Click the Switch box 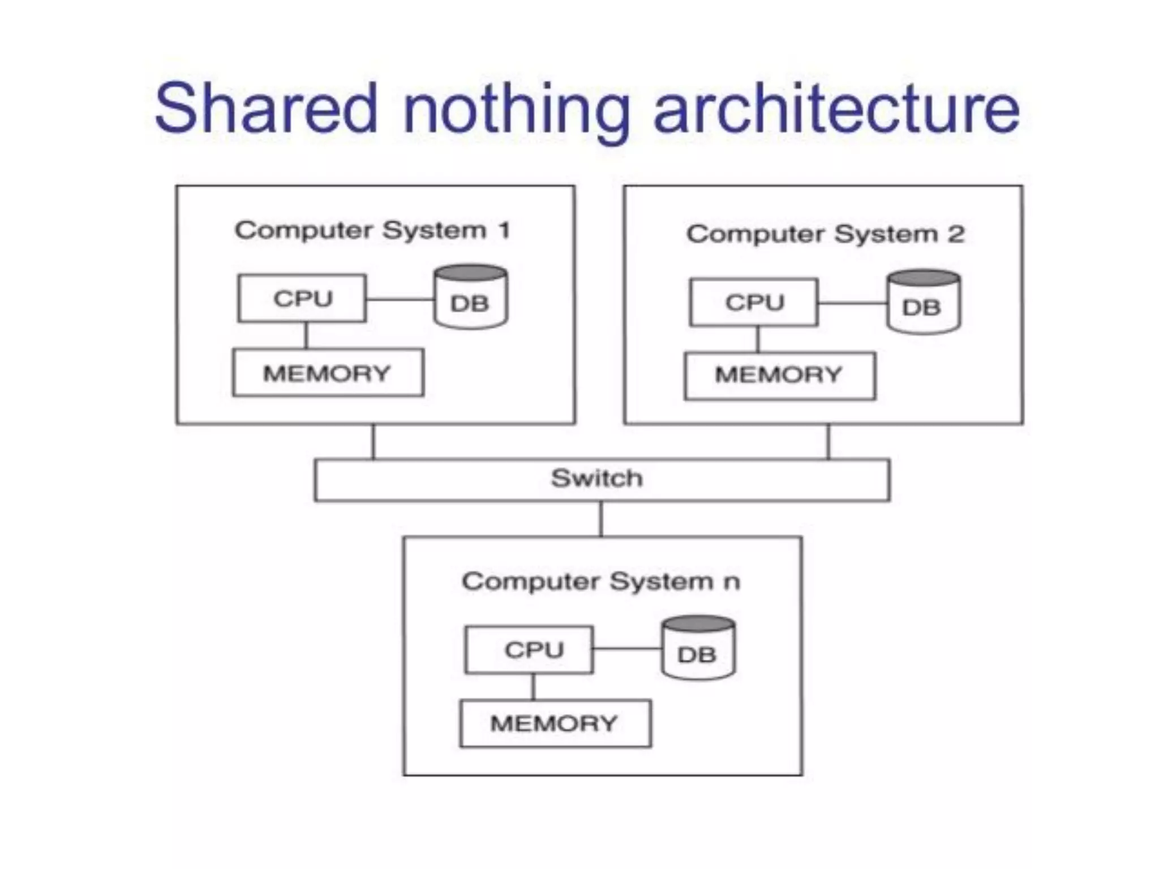[x=602, y=480]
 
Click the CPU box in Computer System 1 [x=302, y=299]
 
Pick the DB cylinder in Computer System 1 [x=470, y=298]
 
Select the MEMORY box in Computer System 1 [x=328, y=373]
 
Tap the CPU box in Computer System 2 [x=754, y=303]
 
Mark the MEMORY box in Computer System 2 [x=779, y=376]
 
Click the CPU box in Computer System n [x=529, y=649]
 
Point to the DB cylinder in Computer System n [x=698, y=648]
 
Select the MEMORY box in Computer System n [x=555, y=724]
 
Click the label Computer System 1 [x=373, y=230]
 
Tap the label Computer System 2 [x=825, y=234]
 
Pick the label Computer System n [x=600, y=582]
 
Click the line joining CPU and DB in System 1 [x=400, y=299]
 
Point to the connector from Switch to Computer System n [x=601, y=519]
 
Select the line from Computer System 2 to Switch [x=829, y=442]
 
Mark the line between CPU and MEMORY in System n [x=533, y=687]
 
